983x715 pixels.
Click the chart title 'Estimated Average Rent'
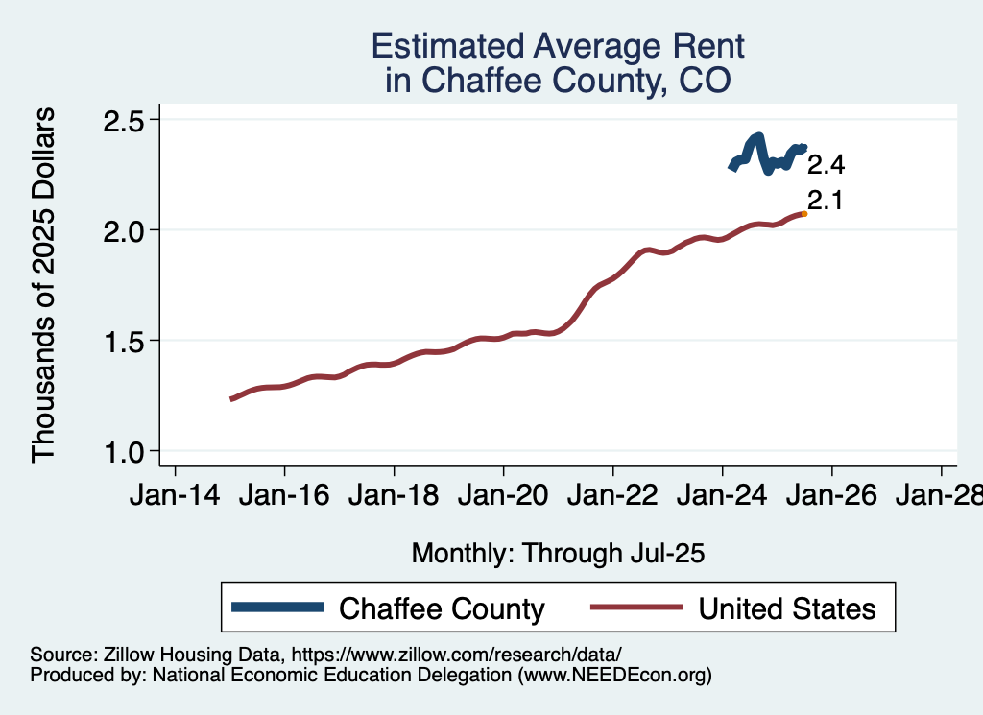pyautogui.click(x=558, y=46)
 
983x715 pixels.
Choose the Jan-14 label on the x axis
pyautogui.click(x=175, y=497)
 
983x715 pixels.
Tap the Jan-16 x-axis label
pyautogui.click(x=284, y=497)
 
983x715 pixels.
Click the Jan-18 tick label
pyautogui.click(x=394, y=497)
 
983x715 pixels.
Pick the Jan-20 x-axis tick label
pyautogui.click(x=503, y=497)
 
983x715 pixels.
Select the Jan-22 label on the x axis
pyautogui.click(x=612, y=497)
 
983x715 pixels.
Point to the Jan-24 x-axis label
pyautogui.click(x=722, y=497)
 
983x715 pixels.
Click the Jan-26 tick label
pyautogui.click(x=831, y=497)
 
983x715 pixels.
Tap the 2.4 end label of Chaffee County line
pyautogui.click(x=826, y=165)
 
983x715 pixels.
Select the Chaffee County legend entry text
pyautogui.click(x=443, y=608)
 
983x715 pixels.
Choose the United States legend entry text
pyautogui.click(x=787, y=608)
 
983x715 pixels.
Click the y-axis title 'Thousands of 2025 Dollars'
pyautogui.click(x=45, y=286)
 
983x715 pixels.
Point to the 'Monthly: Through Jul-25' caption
pyautogui.click(x=558, y=553)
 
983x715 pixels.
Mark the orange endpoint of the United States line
pyautogui.click(x=803, y=214)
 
